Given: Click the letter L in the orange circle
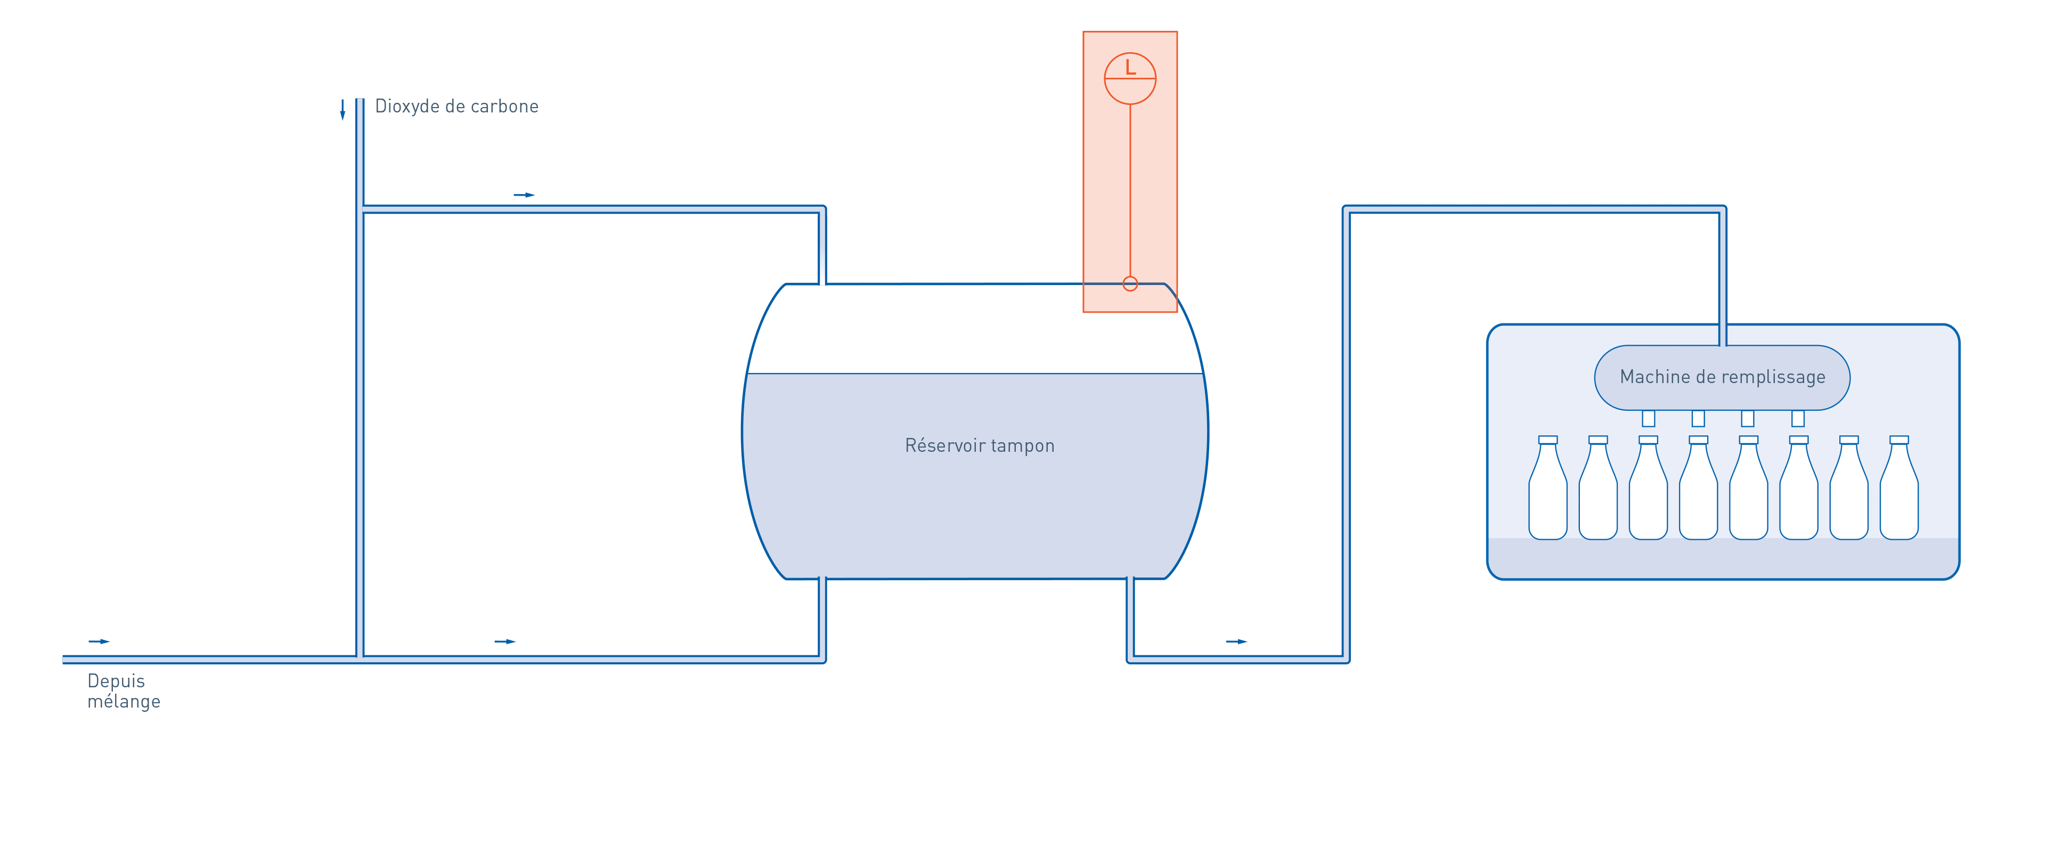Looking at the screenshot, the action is [x=1130, y=68].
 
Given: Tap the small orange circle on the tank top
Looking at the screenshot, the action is [x=1130, y=283].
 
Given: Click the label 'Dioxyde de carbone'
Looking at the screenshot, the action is [x=457, y=107].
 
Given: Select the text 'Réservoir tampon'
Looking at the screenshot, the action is [x=979, y=445].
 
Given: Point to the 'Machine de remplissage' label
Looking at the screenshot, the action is [x=1722, y=377].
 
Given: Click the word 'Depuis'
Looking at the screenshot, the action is [x=116, y=681].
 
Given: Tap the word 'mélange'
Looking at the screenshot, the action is [x=124, y=701].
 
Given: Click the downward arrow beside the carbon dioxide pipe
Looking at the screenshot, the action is [x=343, y=110].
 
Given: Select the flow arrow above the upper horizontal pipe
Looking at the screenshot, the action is [x=524, y=194].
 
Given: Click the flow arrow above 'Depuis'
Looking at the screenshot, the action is [x=99, y=641].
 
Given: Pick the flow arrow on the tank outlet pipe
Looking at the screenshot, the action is [x=1237, y=641].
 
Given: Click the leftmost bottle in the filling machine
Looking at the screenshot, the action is [x=1547, y=488].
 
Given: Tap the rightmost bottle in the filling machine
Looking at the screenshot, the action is [x=1899, y=488].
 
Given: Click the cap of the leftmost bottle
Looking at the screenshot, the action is [x=1547, y=439].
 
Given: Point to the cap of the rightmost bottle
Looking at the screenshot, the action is [x=1899, y=439].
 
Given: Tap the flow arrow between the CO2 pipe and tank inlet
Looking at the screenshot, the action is [x=505, y=641].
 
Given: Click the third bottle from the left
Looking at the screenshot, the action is [x=1648, y=488].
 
